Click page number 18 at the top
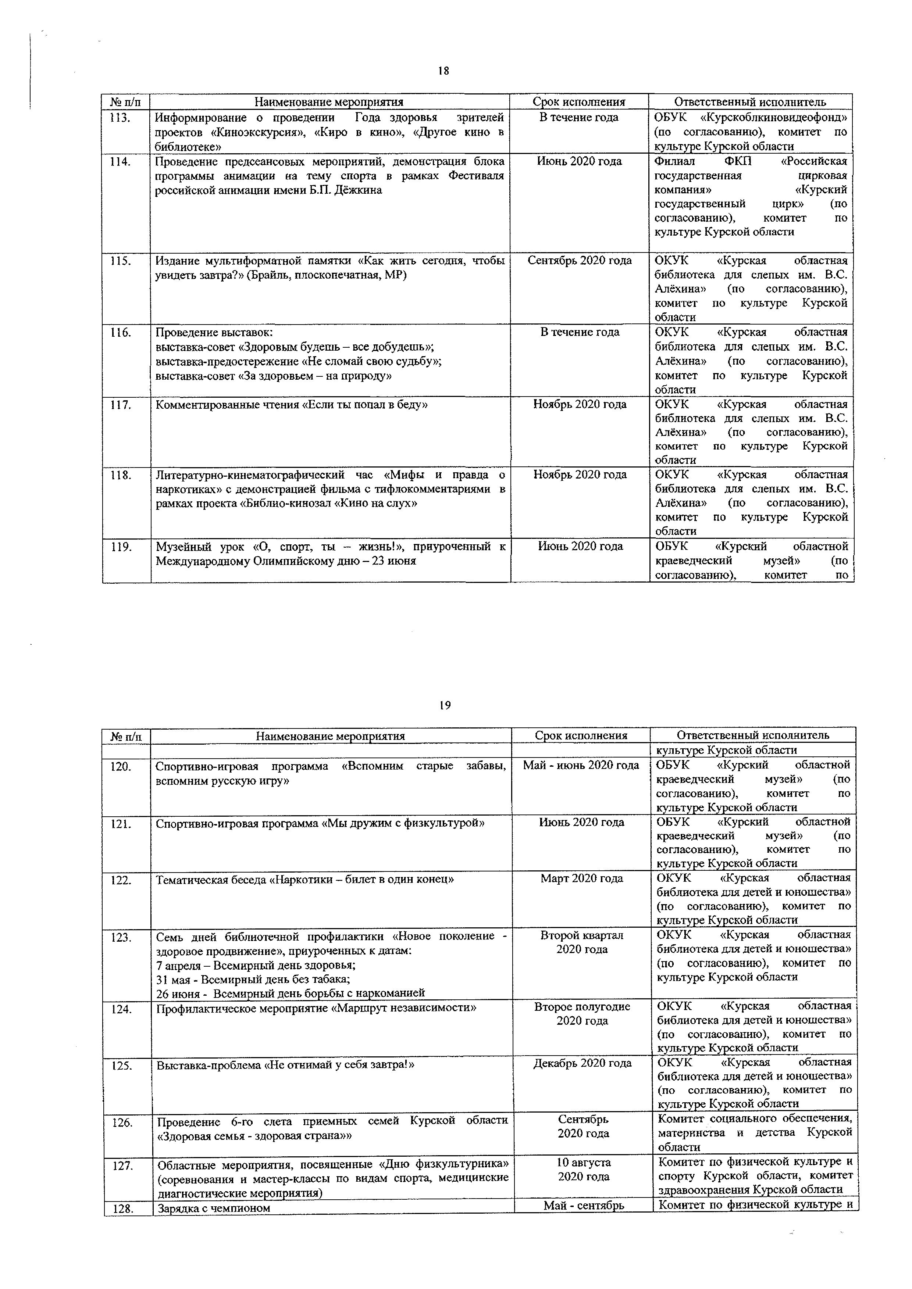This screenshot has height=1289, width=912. (x=443, y=71)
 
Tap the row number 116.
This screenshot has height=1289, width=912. (x=120, y=332)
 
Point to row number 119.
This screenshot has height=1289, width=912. (x=121, y=546)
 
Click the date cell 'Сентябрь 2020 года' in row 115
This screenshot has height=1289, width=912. (x=580, y=261)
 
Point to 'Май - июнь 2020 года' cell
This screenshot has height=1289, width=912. (x=581, y=765)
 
